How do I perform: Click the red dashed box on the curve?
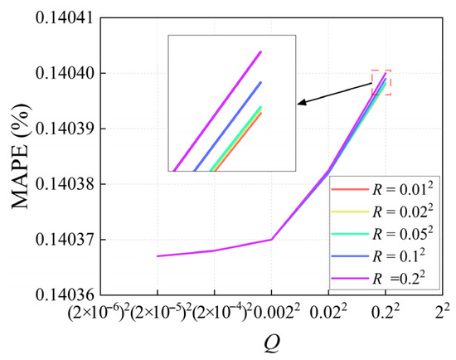pyautogui.click(x=381, y=82)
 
